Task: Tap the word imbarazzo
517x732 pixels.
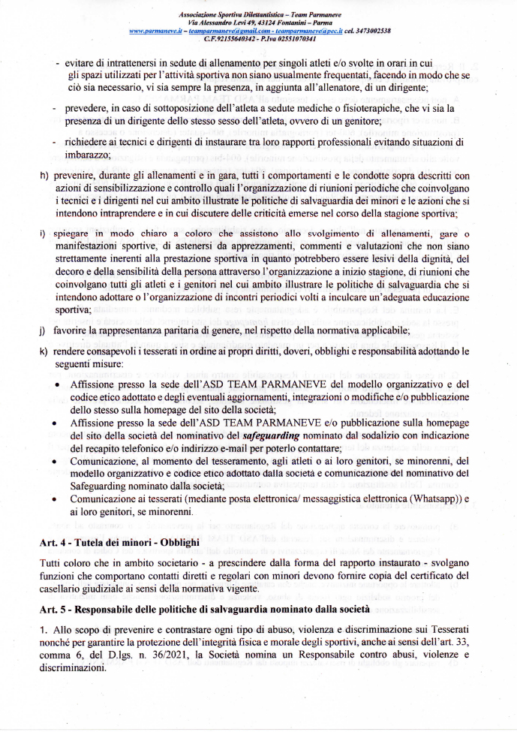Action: (x=89, y=155)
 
